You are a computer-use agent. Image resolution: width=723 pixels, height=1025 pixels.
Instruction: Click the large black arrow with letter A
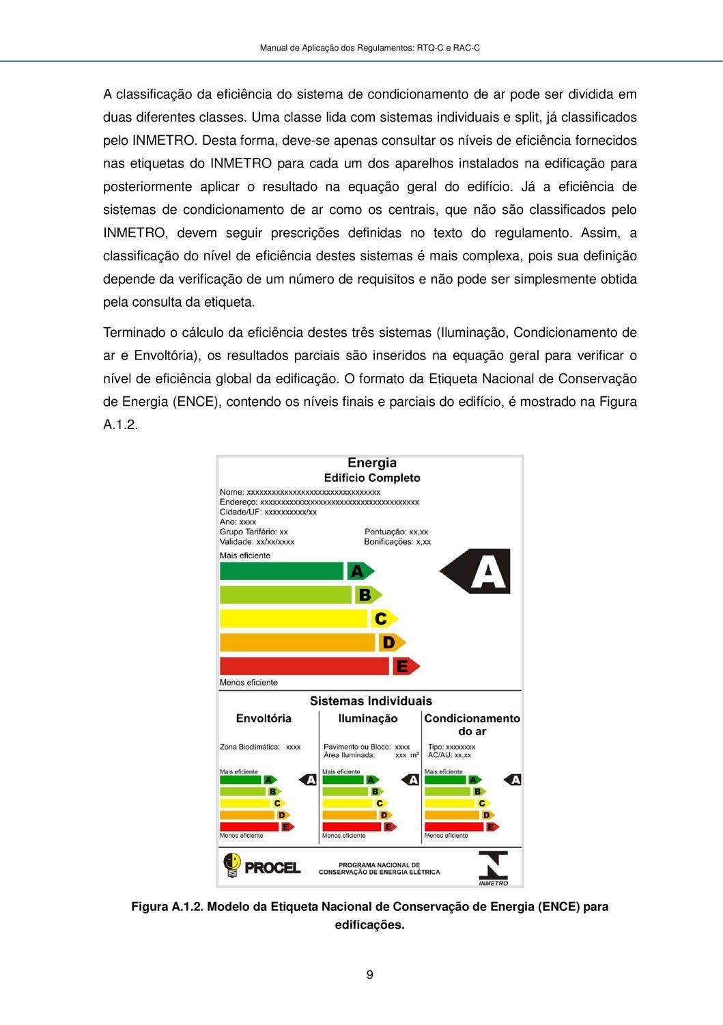pos(477,571)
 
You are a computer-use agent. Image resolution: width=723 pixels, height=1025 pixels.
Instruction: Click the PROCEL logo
pos(262,866)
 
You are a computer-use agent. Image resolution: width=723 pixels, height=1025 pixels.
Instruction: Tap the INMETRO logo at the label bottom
pos(493,868)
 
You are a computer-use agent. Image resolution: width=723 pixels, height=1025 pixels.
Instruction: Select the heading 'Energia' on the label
pos(371,463)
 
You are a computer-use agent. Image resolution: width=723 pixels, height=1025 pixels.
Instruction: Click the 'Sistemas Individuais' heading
pos(371,700)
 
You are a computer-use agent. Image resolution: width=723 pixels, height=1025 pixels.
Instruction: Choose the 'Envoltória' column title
pos(264,718)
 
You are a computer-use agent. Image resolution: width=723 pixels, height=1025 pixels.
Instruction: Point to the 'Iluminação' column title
pos(367,718)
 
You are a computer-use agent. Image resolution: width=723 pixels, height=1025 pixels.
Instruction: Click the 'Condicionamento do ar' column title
pos(472,724)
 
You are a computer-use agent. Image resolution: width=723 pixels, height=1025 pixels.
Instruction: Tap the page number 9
pos(369,974)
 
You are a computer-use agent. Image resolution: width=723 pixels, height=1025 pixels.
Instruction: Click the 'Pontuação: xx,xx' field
pos(396,532)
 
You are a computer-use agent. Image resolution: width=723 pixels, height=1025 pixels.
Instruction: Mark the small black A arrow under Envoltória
pos(309,780)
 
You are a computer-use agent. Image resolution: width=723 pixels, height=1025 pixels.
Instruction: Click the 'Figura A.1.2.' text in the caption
pos(167,907)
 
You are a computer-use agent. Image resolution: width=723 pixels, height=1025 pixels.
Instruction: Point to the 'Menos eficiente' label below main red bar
pos(249,682)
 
